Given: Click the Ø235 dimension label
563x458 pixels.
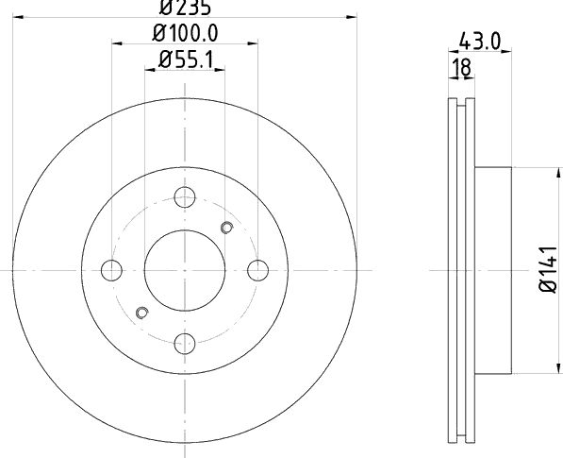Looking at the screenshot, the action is tap(185, 8).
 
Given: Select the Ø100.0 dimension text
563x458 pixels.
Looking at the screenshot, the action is tap(185, 33).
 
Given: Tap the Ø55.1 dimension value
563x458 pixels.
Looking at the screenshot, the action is tap(186, 59).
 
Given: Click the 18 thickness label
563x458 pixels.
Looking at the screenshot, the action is tap(461, 67).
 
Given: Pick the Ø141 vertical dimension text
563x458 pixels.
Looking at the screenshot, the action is tap(549, 269).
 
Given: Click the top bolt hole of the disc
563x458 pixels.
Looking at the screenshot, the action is tap(185, 197).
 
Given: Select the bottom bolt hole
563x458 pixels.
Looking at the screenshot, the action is tap(185, 344).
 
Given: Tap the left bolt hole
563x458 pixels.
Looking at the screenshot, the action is tap(111, 270).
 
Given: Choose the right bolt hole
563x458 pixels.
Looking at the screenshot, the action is tap(257, 270).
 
